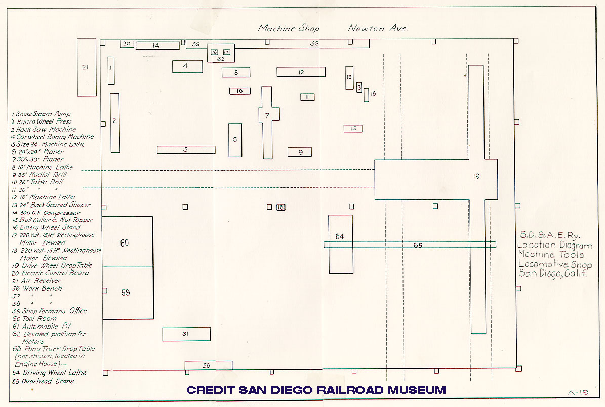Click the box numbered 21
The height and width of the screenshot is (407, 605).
click(x=87, y=67)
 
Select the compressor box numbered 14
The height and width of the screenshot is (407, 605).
click(x=157, y=46)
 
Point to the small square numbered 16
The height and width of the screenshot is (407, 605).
click(x=281, y=207)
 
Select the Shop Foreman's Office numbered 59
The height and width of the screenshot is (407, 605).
click(x=127, y=293)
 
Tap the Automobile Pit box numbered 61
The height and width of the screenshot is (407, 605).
click(x=186, y=334)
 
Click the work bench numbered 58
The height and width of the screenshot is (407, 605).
click(x=208, y=365)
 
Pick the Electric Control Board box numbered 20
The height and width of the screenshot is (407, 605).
click(x=127, y=44)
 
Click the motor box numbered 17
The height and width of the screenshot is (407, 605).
click(x=226, y=52)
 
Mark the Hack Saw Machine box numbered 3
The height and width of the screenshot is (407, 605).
click(x=359, y=87)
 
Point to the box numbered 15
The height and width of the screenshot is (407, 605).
click(x=353, y=129)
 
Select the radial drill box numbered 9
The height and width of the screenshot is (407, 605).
click(x=299, y=152)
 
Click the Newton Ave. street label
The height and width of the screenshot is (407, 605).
click(x=378, y=28)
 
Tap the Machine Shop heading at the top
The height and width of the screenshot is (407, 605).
click(x=289, y=28)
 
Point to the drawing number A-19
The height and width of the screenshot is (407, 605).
click(x=577, y=391)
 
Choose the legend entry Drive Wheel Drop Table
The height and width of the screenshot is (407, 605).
click(x=53, y=266)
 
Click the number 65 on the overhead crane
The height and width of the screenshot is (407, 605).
click(x=417, y=246)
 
